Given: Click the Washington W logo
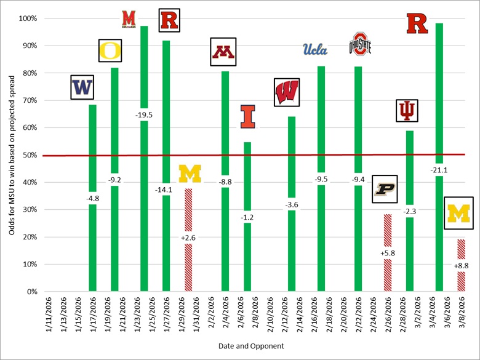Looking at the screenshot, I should click(x=81, y=87).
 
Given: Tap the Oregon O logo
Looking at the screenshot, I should click(x=111, y=50).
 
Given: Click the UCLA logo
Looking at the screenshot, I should click(x=315, y=50).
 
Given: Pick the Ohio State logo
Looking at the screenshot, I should click(x=360, y=44).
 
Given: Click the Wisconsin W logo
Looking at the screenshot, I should click(x=286, y=93).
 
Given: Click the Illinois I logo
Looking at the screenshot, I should click(x=247, y=117).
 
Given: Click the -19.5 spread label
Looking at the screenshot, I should click(x=144, y=114).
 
